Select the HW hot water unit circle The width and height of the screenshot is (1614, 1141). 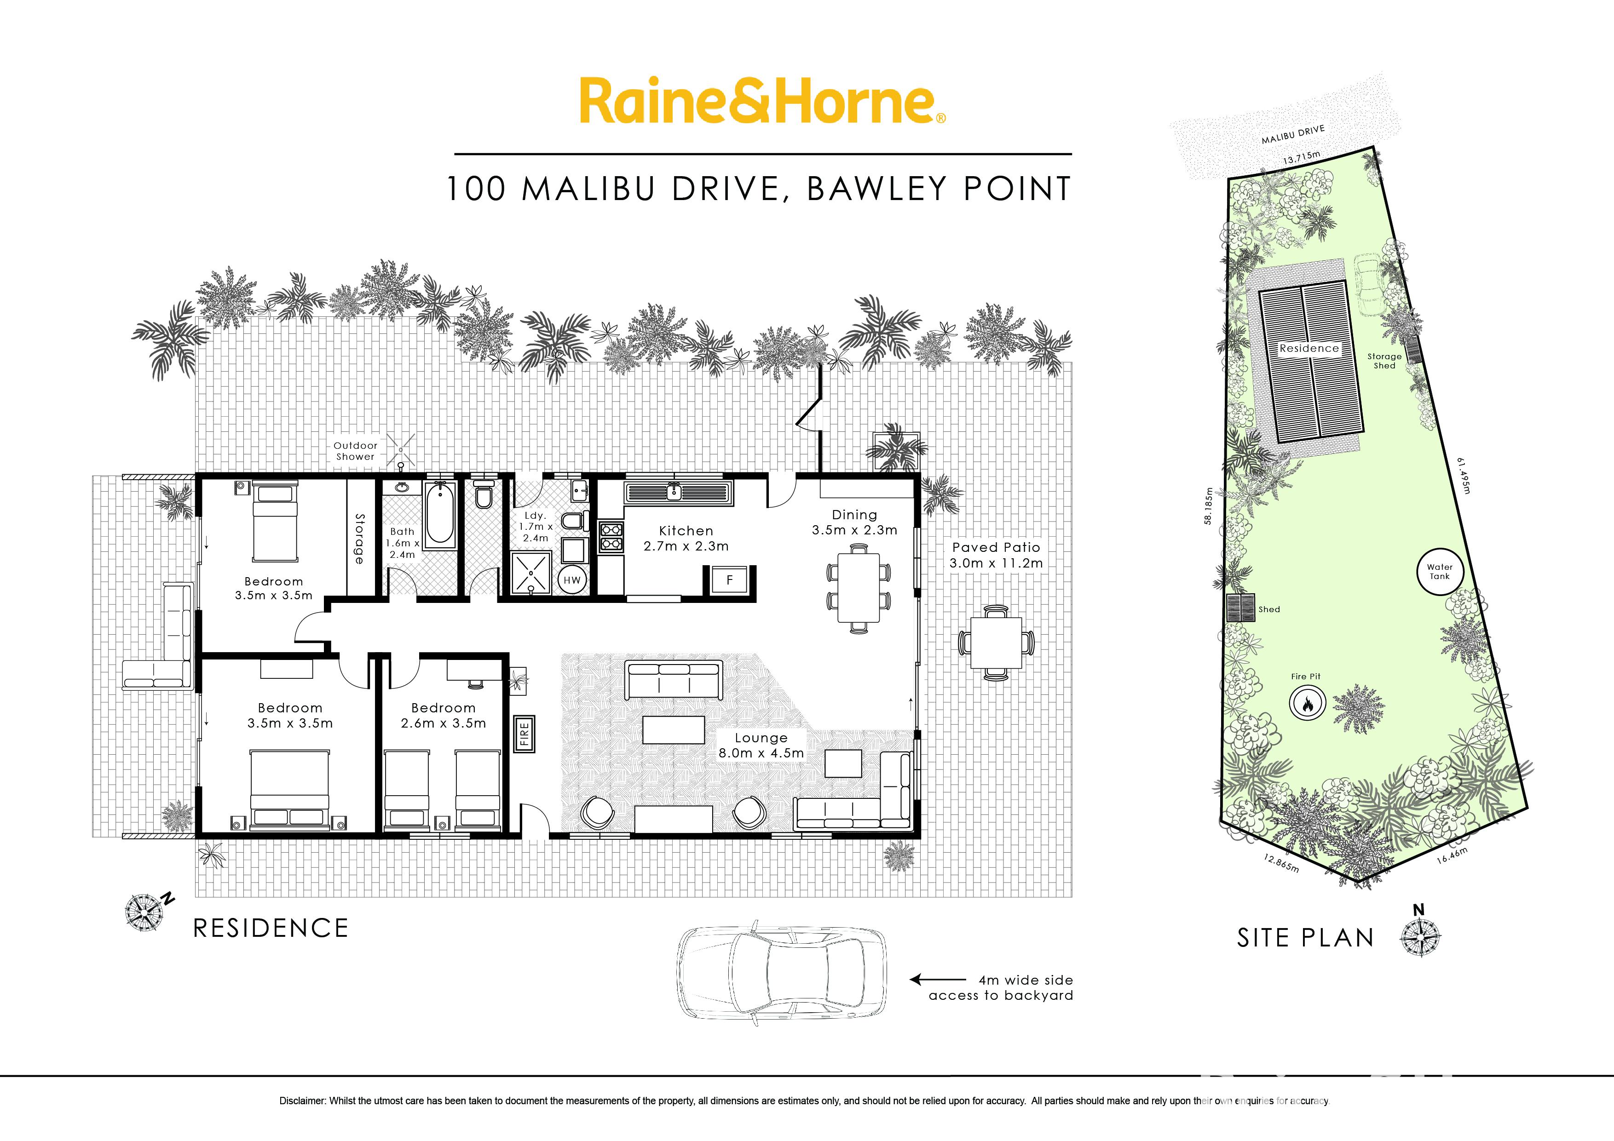point(572,579)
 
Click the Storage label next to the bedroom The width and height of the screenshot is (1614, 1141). point(360,539)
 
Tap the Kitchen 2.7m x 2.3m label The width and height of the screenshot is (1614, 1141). point(686,538)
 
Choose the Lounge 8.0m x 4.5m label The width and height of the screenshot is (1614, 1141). point(761,745)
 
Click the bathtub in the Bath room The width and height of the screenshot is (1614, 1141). point(440,512)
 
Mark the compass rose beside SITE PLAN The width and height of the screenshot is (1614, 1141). point(1421,937)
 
